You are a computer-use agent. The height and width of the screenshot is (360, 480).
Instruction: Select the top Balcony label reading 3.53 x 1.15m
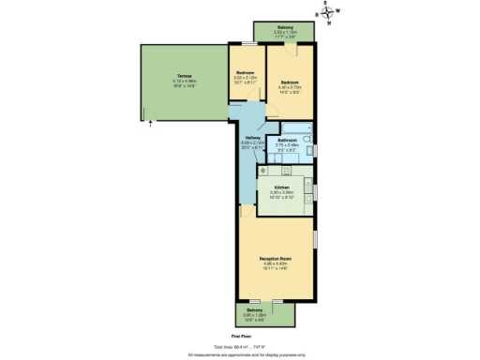pyautogui.click(x=285, y=31)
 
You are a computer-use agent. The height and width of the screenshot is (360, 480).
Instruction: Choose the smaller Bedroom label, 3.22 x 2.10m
pyautogui.click(x=245, y=75)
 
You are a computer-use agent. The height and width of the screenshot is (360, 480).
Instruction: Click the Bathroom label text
pyautogui.click(x=287, y=141)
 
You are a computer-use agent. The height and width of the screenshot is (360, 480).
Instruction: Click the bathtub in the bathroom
pyautogui.click(x=299, y=127)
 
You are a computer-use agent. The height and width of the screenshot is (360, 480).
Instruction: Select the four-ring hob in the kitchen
pyautogui.click(x=264, y=171)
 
